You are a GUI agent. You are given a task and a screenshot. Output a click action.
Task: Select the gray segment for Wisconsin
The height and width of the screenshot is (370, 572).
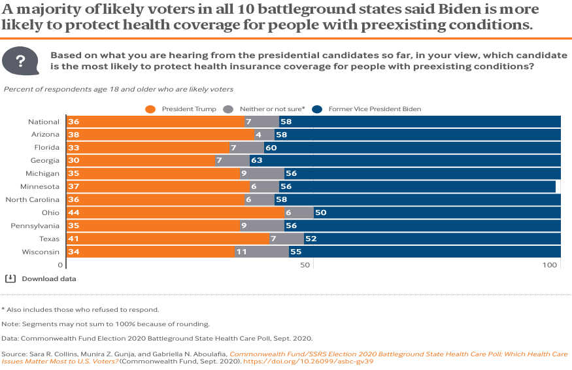pyautogui.click(x=261, y=252)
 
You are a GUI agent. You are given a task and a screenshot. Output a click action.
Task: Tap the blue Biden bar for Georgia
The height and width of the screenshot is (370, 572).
pyautogui.click(x=405, y=160)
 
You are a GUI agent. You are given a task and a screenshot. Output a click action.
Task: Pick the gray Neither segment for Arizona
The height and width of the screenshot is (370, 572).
pyautogui.click(x=265, y=134)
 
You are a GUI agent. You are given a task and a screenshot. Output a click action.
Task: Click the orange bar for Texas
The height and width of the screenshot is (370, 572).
pyautogui.click(x=167, y=239)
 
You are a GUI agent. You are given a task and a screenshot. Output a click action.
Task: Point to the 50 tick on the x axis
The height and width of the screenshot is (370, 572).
pyautogui.click(x=305, y=265)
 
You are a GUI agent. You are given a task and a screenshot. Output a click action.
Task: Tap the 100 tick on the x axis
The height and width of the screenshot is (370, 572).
pyautogui.click(x=550, y=265)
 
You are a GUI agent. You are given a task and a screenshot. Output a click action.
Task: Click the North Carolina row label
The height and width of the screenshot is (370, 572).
pyautogui.click(x=32, y=199)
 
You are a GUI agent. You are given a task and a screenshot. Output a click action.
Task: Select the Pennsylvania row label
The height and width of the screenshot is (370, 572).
pyautogui.click(x=37, y=226)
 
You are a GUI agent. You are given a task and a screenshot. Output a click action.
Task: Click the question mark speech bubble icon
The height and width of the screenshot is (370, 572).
pyautogui.click(x=20, y=61)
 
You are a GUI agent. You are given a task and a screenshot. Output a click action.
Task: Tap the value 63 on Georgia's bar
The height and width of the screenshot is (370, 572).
pyautogui.click(x=257, y=161)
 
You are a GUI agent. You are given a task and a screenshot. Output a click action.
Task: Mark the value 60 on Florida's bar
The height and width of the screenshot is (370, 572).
pyautogui.click(x=271, y=148)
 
